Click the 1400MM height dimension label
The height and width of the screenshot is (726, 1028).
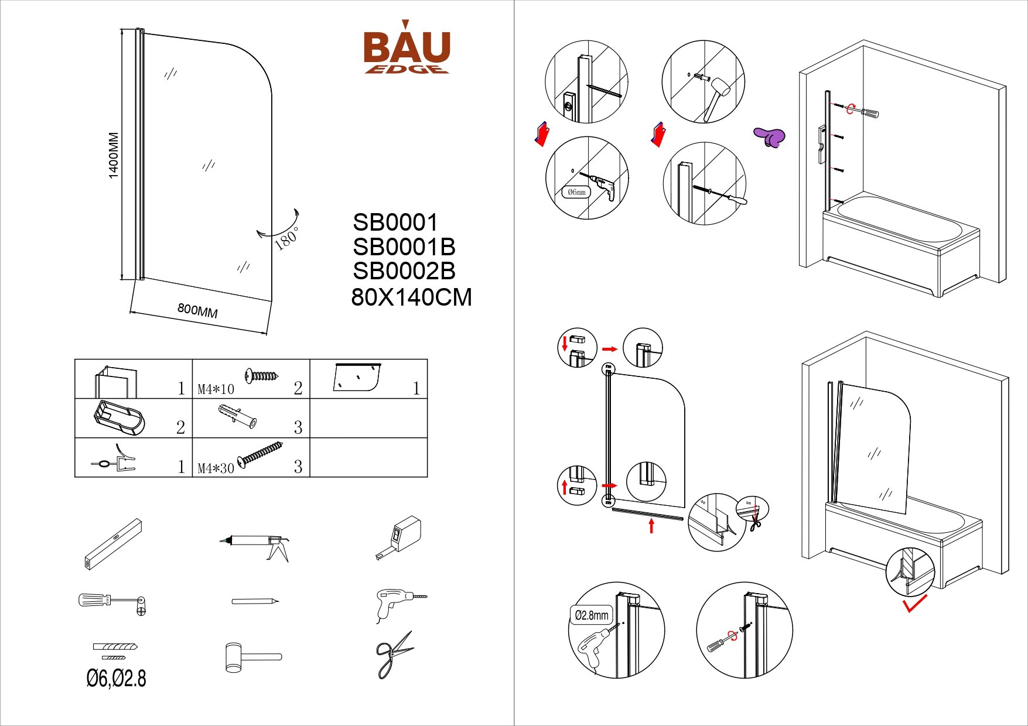[x=113, y=155]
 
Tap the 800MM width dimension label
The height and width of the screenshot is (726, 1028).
[x=197, y=310]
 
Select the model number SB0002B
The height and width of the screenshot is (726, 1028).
[x=404, y=271]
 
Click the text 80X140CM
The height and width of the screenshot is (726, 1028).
[x=411, y=297]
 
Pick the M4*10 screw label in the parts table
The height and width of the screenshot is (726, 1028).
[x=216, y=389]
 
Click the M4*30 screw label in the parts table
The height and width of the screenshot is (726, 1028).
[x=216, y=468]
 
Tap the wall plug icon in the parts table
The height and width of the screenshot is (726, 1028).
[x=237, y=416]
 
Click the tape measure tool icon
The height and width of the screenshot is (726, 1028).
[x=399, y=536]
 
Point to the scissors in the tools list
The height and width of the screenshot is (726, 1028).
[x=392, y=655]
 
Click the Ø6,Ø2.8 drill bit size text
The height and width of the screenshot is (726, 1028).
[x=116, y=679]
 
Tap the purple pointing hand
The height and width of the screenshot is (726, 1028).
[x=770, y=137]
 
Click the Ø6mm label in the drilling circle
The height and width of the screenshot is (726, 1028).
[x=576, y=192]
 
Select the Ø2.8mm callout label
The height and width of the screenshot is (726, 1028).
[x=591, y=615]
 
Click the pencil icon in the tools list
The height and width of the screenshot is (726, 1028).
[x=255, y=601]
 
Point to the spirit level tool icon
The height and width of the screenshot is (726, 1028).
[x=112, y=544]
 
